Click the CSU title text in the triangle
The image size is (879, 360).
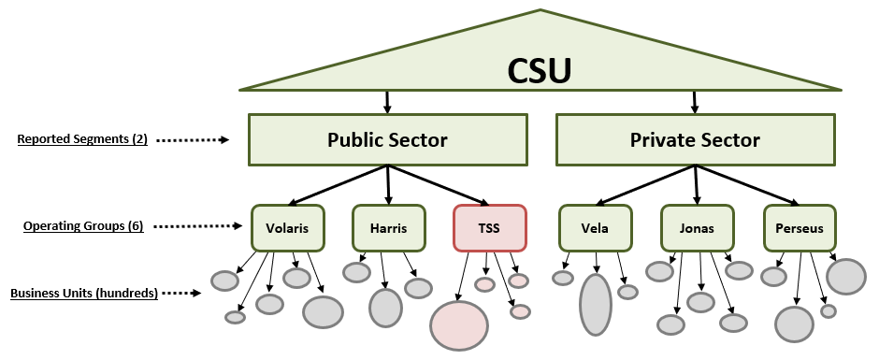coord(539,71)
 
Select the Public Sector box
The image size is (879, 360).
coord(387,140)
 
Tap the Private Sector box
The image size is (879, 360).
coord(695,140)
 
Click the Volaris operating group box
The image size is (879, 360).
coord(287,227)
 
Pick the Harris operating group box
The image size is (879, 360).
coord(388,227)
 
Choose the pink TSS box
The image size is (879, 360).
coord(489,227)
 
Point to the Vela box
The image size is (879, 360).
coord(595,227)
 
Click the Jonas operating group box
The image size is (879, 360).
coord(697,227)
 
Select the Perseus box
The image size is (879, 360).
coord(799,227)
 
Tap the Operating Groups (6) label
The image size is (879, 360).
coord(83,226)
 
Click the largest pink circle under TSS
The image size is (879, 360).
coord(459,325)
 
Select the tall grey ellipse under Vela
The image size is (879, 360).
coord(596,304)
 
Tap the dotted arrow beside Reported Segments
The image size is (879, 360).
coord(192,140)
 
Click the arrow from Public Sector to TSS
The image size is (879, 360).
coord(437,185)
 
